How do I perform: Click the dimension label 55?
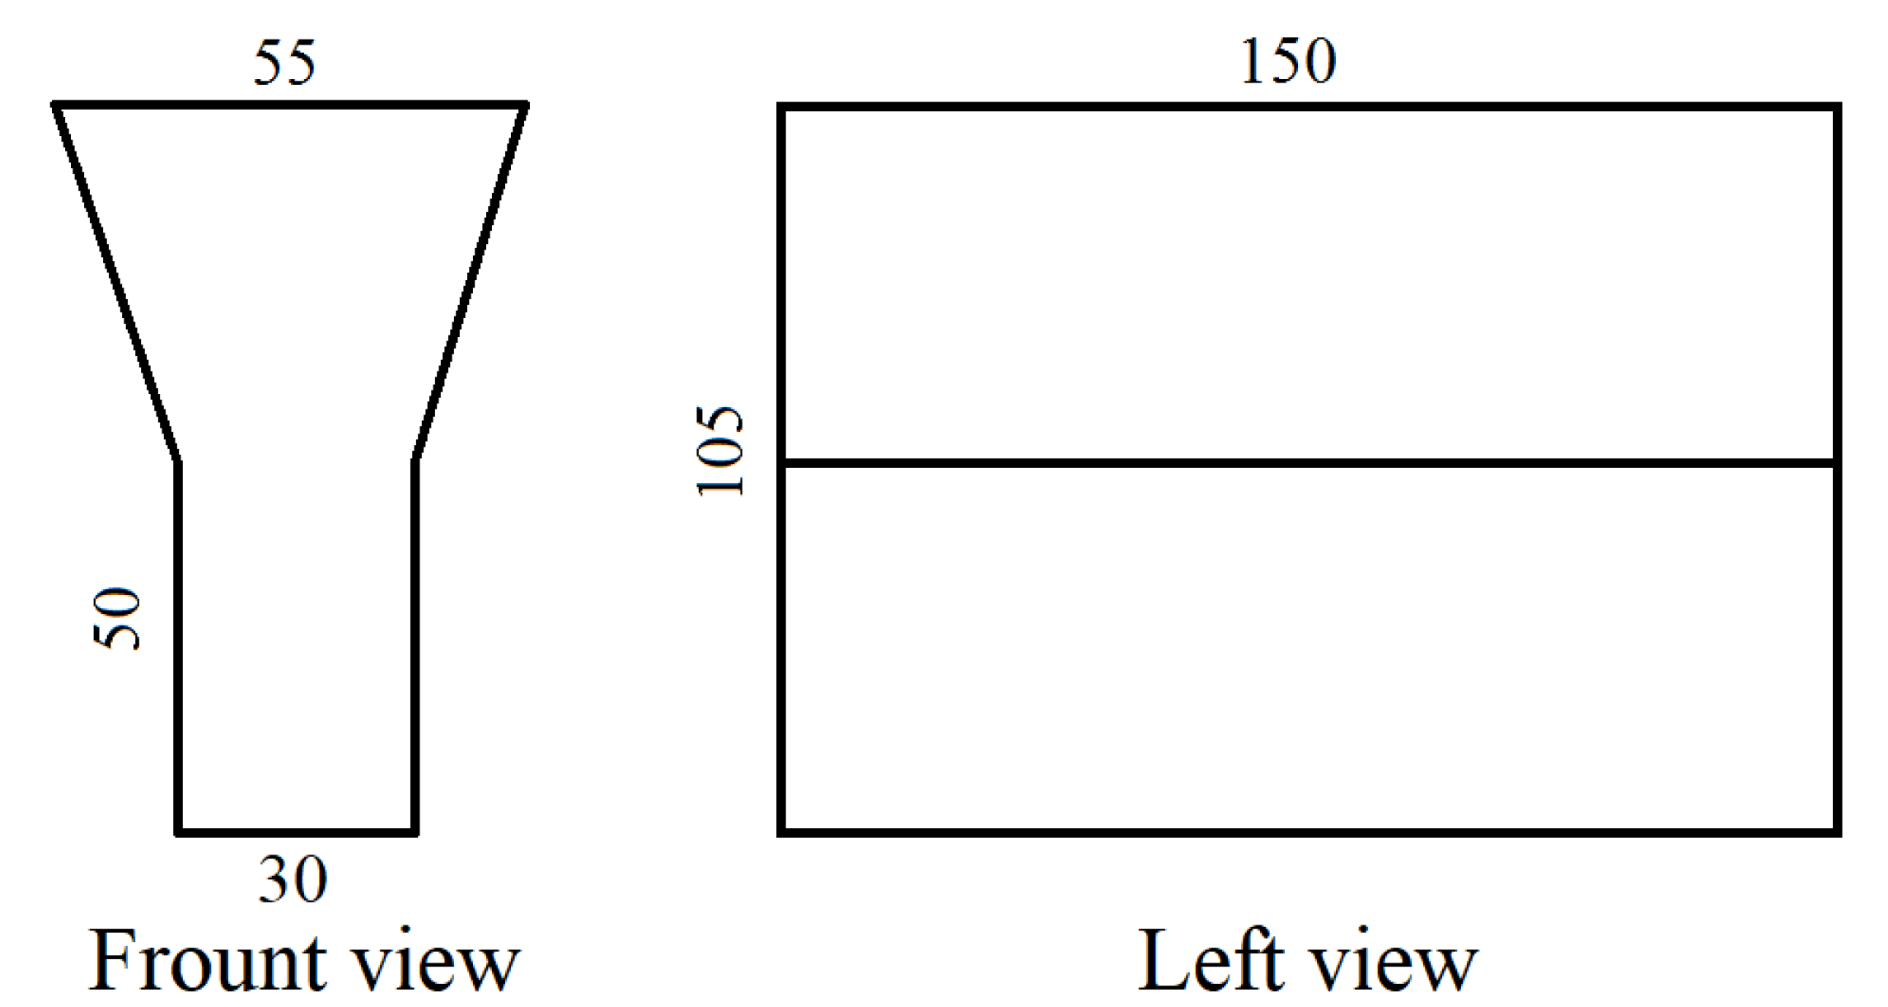point(284,63)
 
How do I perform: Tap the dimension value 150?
point(1287,62)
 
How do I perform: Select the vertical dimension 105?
point(720,451)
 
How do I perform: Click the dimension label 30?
point(293,880)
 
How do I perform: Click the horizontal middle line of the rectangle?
point(1309,463)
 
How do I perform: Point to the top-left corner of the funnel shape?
point(55,105)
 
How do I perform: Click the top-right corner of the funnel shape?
point(526,105)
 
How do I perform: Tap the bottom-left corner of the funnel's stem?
point(178,832)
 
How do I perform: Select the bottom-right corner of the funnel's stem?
point(415,832)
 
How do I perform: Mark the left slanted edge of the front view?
point(117,283)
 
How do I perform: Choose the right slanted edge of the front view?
point(470,283)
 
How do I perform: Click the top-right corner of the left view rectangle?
point(1838,107)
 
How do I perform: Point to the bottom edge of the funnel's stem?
point(297,832)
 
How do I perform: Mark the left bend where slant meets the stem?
point(178,461)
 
